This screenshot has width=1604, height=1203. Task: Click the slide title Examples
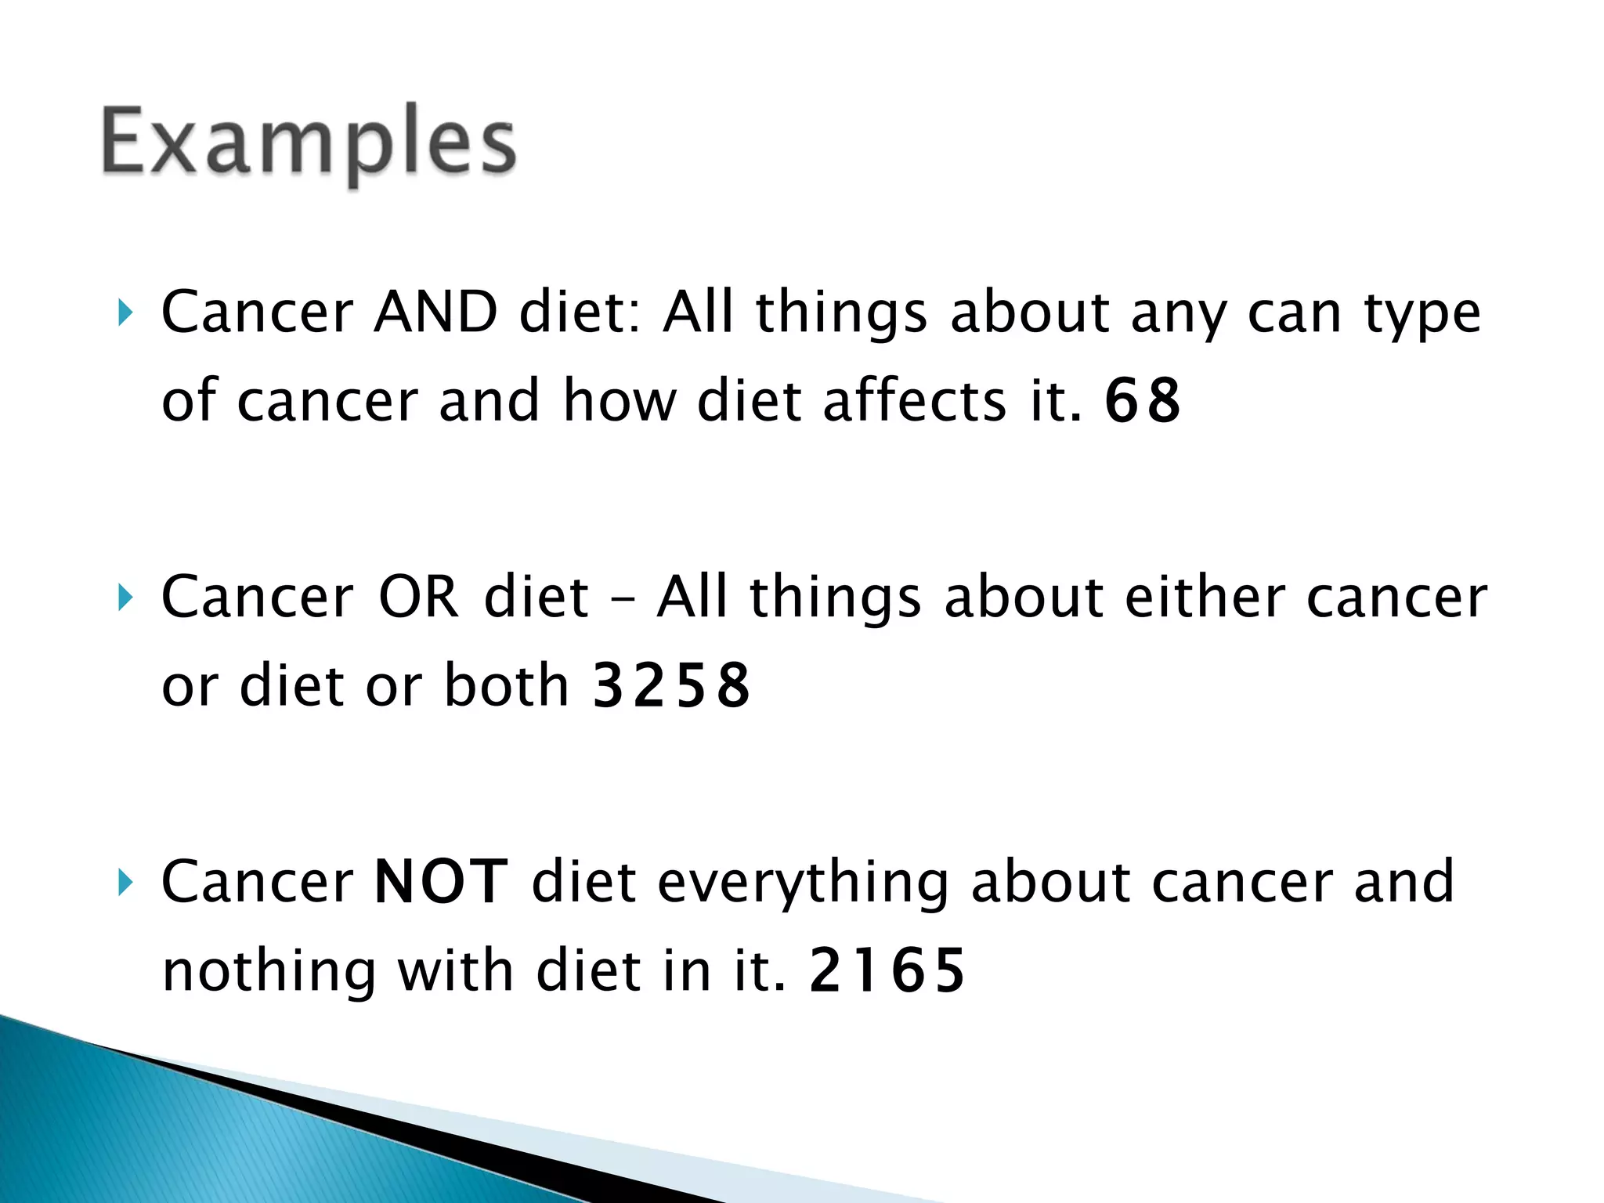click(x=308, y=143)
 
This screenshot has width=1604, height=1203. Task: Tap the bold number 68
click(x=1142, y=400)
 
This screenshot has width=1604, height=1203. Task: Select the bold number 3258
click(x=671, y=685)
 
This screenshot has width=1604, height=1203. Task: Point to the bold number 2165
click(x=887, y=970)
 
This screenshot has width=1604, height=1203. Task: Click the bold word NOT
click(x=441, y=883)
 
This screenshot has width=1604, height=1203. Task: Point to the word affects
click(x=914, y=400)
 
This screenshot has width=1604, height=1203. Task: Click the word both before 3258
click(x=506, y=685)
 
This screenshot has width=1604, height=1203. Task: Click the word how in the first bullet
click(x=619, y=400)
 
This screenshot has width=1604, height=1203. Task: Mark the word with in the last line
click(x=456, y=970)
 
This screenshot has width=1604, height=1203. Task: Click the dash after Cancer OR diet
click(x=622, y=599)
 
